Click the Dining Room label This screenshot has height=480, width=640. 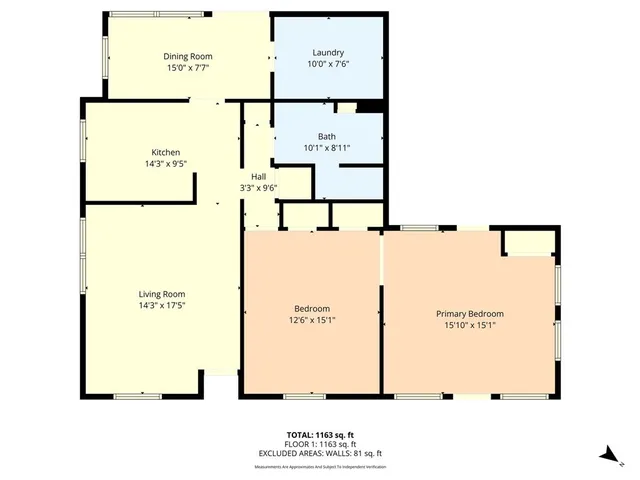tap(188, 57)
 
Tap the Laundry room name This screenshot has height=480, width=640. tap(328, 52)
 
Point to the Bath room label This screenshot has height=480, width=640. tap(327, 136)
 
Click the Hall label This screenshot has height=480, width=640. tap(258, 176)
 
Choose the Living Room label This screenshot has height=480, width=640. tap(162, 294)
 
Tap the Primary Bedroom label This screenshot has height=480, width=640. tap(470, 313)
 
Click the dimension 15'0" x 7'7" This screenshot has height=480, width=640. tap(188, 69)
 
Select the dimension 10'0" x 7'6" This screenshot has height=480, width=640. tap(328, 64)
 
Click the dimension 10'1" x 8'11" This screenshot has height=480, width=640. tap(327, 148)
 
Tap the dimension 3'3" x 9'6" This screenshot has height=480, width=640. tap(258, 188)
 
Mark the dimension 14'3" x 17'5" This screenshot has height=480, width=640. tap(162, 306)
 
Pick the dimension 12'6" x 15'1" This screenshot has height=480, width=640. tap(312, 321)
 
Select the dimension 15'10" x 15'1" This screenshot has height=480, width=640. tap(470, 325)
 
